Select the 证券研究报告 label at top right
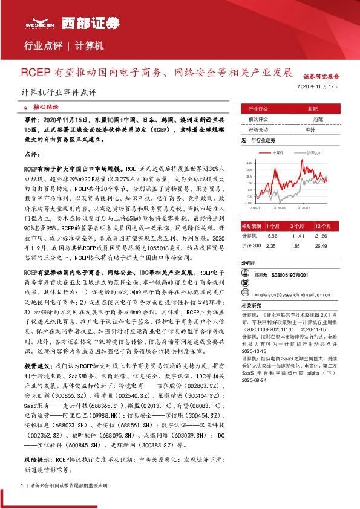point(321,77)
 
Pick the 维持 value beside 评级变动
point(310,129)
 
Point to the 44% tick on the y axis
point(249,163)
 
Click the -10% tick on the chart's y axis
point(249,203)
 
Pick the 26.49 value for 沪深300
point(321,246)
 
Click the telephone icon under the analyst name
point(247,284)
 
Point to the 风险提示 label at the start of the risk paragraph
point(36,459)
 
